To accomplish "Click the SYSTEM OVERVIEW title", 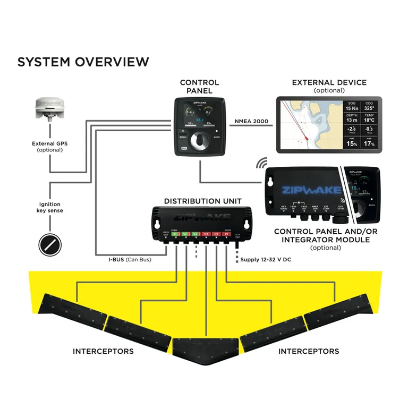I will tap(83, 62).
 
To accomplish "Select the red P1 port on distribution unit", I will tap(226, 234).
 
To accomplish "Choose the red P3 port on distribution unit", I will tap(206, 234).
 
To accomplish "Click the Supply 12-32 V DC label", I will tap(265, 259).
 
